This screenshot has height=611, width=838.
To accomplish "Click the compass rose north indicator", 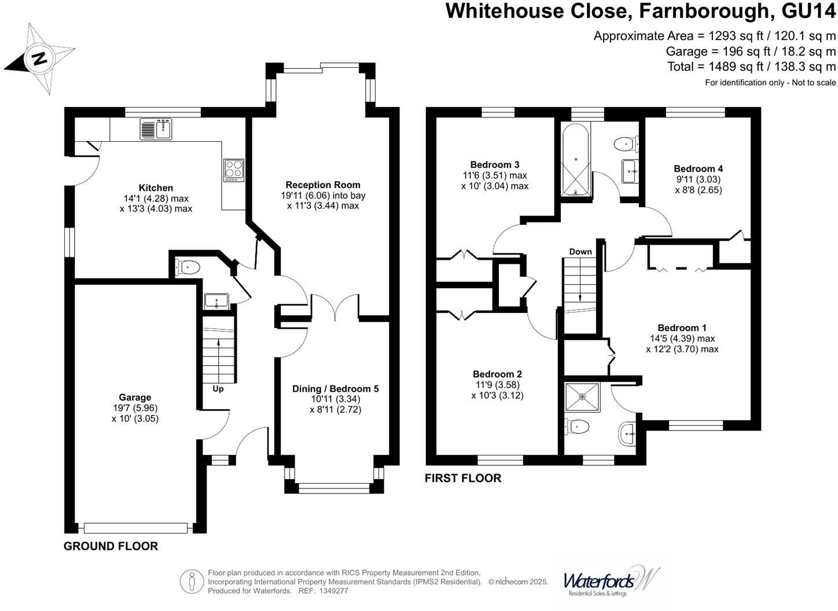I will [39, 58].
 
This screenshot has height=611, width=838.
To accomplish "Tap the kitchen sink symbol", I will [156, 128].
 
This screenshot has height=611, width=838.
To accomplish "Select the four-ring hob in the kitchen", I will [234, 171].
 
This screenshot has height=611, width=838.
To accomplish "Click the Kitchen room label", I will [156, 188].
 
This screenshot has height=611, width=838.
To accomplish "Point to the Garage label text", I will [135, 397].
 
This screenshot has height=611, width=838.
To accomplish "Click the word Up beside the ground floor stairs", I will [218, 389].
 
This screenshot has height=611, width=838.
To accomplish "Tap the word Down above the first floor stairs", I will [580, 252].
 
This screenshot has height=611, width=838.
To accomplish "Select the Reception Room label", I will [323, 185].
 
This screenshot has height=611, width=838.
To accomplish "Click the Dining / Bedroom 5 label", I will [335, 389].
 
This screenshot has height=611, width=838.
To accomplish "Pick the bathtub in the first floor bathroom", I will [575, 160].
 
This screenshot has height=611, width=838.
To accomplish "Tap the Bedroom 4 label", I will [698, 169].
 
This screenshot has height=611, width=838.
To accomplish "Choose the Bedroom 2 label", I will [497, 374].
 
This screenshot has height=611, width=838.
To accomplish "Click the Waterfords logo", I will [611, 580].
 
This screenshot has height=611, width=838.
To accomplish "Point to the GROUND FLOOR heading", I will [111, 546].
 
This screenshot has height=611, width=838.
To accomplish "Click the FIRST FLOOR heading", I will [463, 479].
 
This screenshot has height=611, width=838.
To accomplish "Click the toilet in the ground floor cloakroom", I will [188, 267].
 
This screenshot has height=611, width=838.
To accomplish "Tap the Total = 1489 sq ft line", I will [751, 67].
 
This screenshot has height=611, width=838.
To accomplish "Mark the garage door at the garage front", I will [135, 528].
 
